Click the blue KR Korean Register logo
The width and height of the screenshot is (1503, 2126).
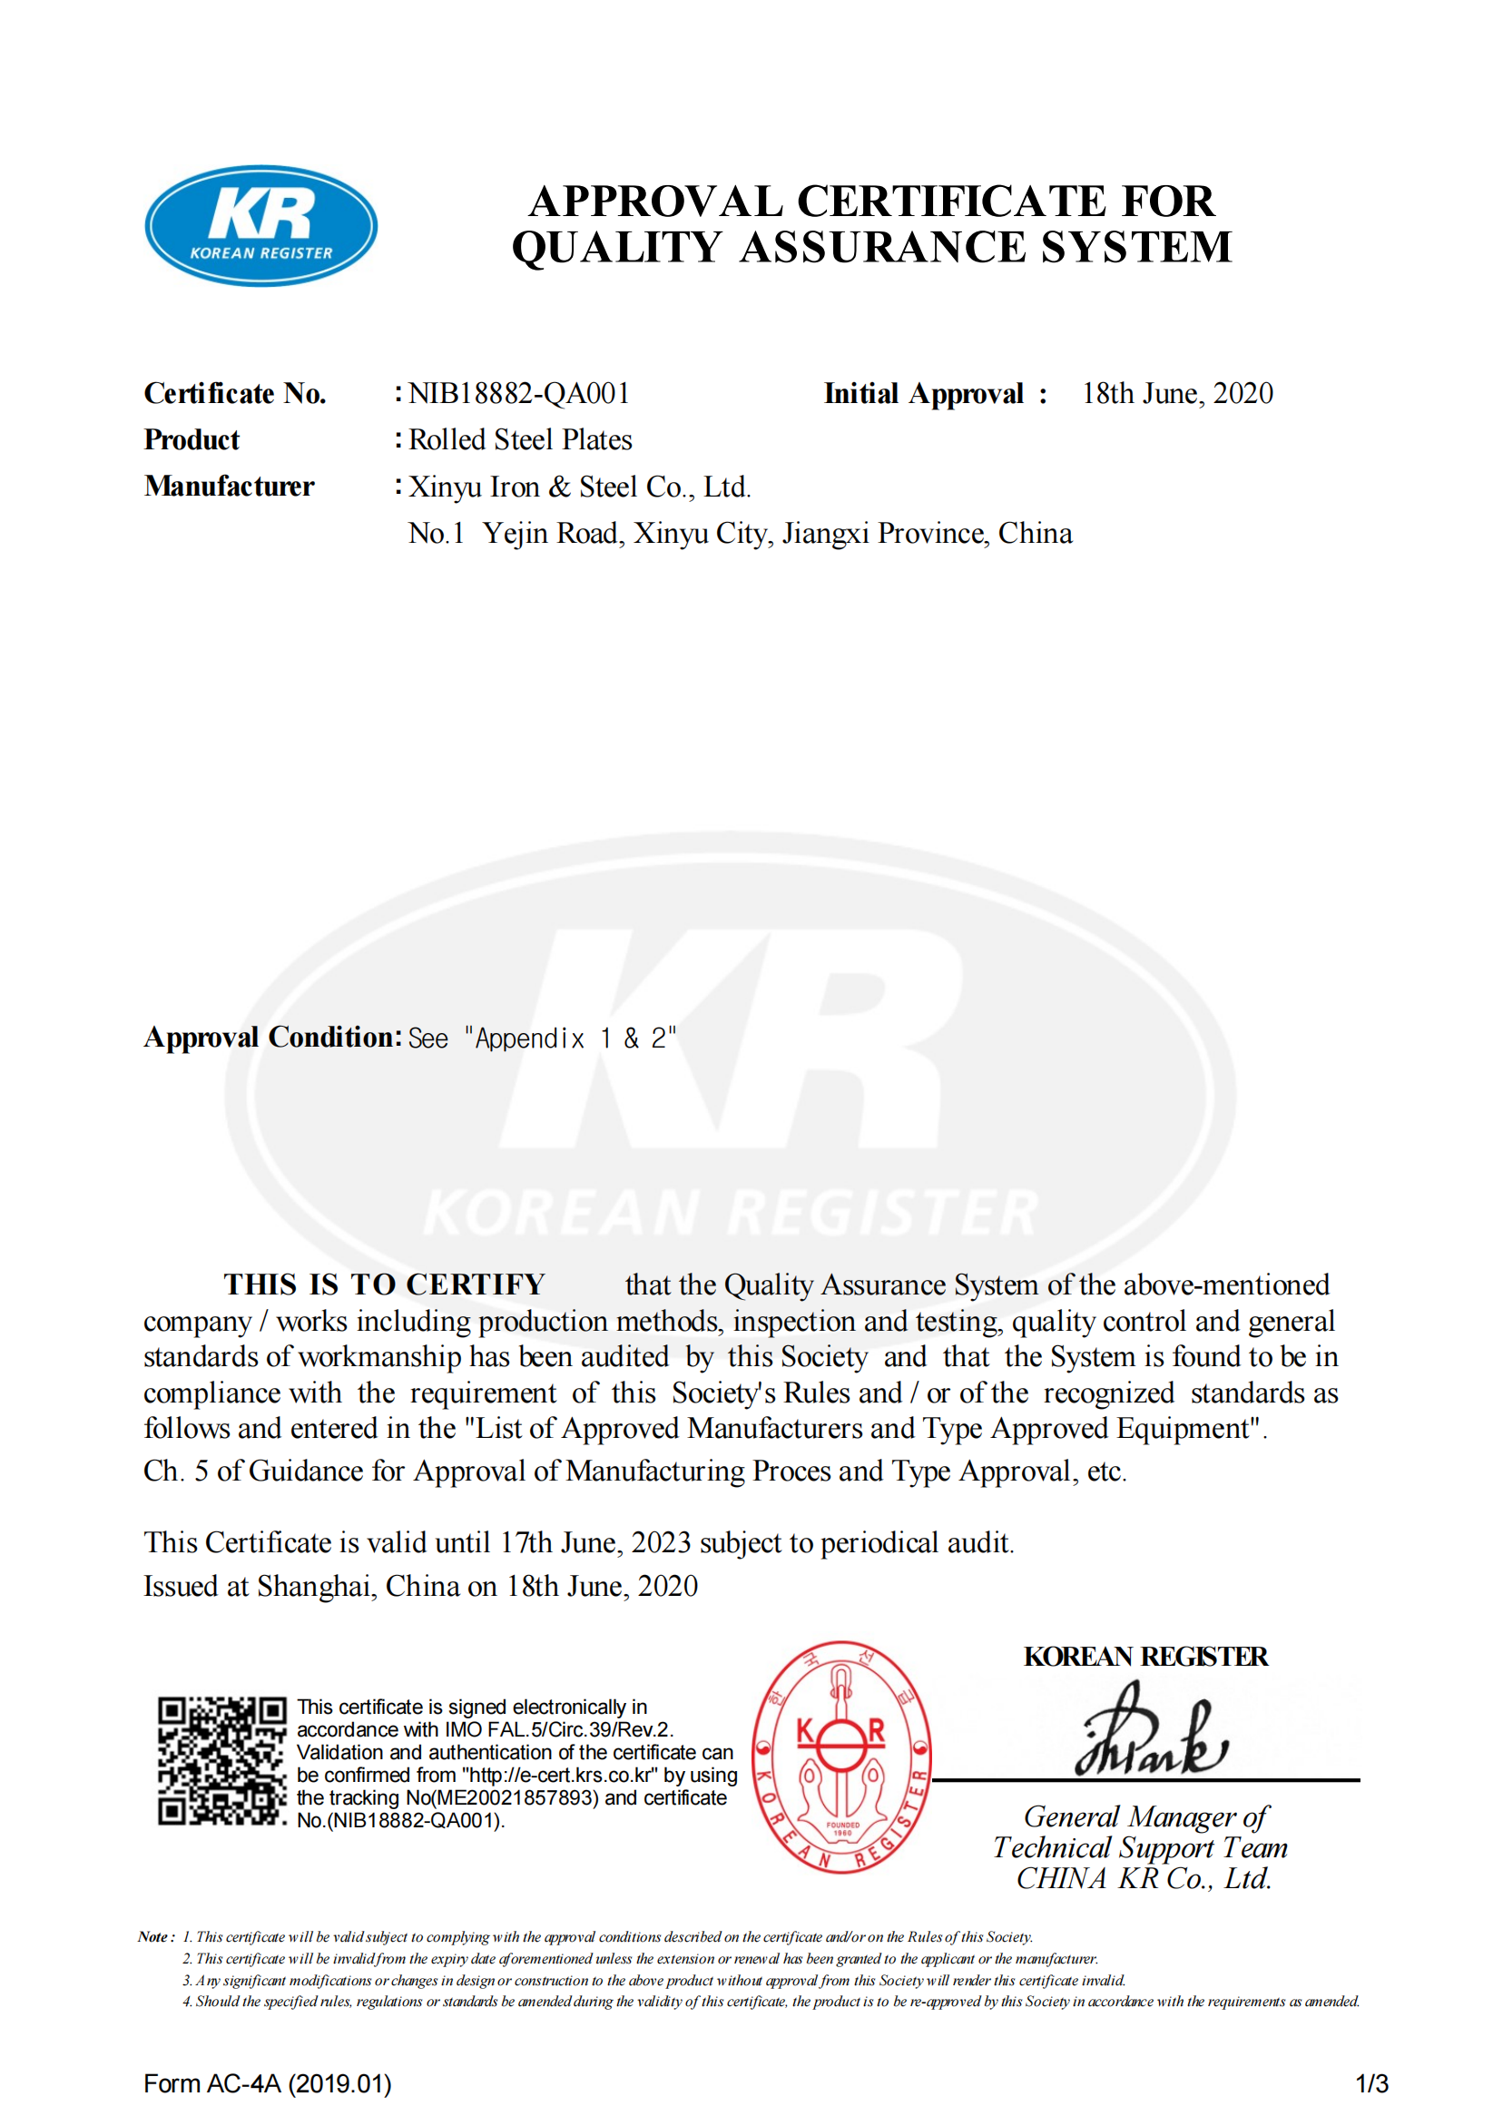click(x=261, y=226)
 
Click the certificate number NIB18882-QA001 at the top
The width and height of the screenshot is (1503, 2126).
click(x=519, y=394)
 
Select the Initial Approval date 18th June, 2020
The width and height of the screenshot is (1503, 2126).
click(x=1177, y=394)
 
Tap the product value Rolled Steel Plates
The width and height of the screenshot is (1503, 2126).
click(x=520, y=440)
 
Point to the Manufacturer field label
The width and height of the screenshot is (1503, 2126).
click(x=230, y=487)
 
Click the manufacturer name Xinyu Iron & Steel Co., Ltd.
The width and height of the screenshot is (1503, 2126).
click(x=580, y=487)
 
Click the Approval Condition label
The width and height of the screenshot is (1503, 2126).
click(x=272, y=1037)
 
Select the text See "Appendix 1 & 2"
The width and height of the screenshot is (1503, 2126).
click(x=542, y=1038)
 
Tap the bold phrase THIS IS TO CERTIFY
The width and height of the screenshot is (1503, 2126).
click(x=384, y=1284)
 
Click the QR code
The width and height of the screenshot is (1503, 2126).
click(x=221, y=1761)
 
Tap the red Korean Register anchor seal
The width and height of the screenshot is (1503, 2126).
click(x=840, y=1757)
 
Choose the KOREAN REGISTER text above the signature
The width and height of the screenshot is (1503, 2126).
click(x=1145, y=1657)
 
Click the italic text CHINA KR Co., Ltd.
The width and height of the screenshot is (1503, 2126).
click(x=1144, y=1879)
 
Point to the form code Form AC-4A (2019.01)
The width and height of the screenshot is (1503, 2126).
click(x=268, y=2084)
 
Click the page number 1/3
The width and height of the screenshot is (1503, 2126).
click(x=1371, y=2084)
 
